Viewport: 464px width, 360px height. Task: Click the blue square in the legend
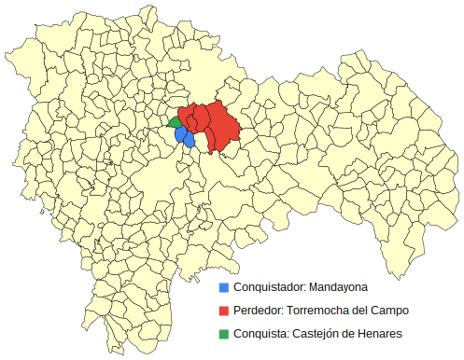(224, 286)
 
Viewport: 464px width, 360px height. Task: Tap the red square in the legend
(224, 310)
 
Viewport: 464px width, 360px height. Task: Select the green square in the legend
(224, 333)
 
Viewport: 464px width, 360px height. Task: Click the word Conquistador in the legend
(267, 286)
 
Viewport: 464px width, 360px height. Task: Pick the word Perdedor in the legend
(258, 310)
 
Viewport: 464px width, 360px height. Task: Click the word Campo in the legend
(390, 310)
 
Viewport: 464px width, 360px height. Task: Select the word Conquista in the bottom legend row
(260, 333)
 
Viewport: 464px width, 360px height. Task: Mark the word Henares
(381, 333)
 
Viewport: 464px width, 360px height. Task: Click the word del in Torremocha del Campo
(361, 310)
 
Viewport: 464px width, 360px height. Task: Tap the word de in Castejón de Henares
(351, 333)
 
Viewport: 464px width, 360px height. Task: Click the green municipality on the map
(175, 121)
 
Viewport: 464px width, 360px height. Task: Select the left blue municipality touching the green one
(180, 134)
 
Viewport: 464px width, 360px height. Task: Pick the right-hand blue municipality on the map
(190, 140)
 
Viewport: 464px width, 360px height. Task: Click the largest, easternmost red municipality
(223, 121)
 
